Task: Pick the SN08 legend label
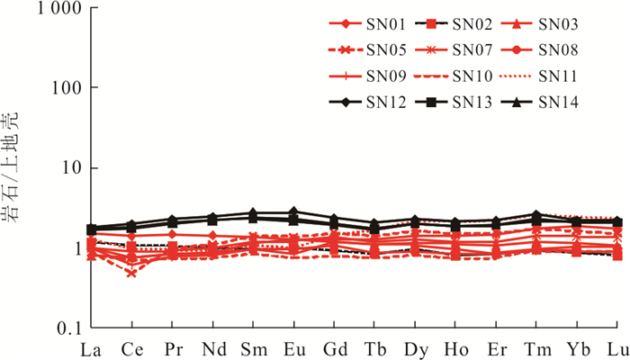558,49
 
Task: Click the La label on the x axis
90,347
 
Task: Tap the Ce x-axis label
131,347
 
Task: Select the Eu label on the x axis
293,347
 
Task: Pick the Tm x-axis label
536,347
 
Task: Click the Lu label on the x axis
617,347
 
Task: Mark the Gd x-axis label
334,347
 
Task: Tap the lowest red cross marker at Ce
131,272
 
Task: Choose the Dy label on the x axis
415,347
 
